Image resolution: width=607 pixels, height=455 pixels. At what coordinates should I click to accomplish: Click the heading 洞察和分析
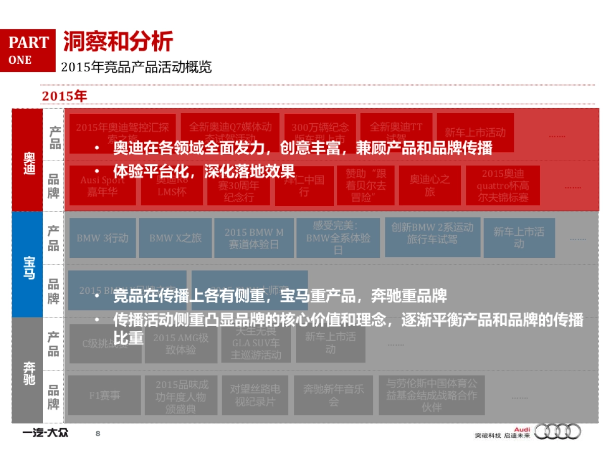118,41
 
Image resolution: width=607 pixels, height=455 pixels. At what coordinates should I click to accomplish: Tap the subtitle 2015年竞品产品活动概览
136,67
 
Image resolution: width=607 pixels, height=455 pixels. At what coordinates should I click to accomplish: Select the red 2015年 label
64,96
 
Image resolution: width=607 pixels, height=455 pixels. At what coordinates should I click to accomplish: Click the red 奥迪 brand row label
28,160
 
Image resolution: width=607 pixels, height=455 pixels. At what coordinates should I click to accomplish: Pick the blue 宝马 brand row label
28,265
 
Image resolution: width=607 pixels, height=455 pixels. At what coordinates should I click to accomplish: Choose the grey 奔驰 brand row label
28,371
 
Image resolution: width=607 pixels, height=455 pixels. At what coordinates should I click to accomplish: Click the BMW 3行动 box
103,238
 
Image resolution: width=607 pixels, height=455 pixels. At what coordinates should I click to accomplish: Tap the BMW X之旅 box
175,238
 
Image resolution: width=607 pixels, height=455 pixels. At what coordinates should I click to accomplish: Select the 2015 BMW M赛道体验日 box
254,238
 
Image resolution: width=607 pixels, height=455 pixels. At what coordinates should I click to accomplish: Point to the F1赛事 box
105,395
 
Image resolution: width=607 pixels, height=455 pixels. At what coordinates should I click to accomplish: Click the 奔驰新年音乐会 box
333,395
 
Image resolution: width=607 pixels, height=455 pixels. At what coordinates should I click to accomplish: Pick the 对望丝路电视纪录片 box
255,395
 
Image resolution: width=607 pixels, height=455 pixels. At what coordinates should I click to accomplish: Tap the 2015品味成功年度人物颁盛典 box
182,395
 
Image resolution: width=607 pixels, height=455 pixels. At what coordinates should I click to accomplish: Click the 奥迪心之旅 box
429,186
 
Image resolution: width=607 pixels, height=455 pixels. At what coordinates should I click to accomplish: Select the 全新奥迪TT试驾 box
396,132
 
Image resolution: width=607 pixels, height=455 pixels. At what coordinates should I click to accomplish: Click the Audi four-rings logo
557,431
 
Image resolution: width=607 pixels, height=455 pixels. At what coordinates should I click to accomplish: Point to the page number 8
98,433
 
